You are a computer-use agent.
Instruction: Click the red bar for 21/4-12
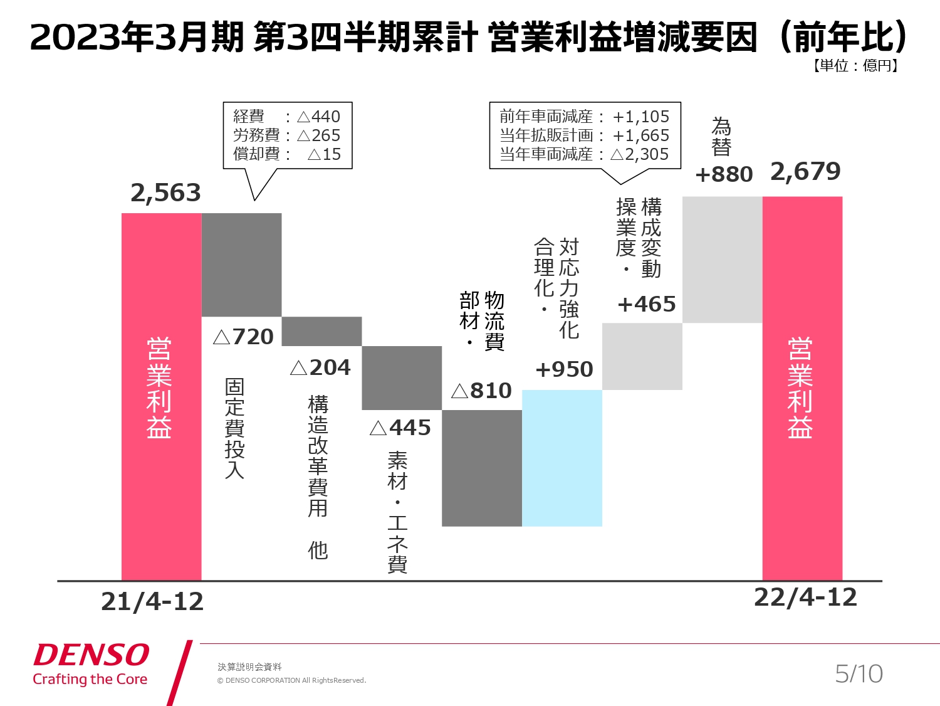point(161,396)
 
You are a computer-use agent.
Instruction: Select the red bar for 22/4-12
point(802,388)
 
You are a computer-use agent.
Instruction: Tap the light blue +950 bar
point(562,458)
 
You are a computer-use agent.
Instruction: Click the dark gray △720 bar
point(241,265)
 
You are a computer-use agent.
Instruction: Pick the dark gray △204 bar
point(321,331)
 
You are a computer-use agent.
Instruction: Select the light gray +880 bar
point(722,260)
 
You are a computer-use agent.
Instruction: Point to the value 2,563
point(165,192)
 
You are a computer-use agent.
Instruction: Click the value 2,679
point(805,171)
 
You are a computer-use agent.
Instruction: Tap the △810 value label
point(481,391)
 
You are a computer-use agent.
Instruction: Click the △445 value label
point(400,428)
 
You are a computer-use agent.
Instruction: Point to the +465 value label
point(647,304)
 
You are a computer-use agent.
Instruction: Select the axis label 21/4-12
point(152,601)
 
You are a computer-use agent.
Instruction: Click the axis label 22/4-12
point(805,597)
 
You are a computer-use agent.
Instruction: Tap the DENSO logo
point(91,655)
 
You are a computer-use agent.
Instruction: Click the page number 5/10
point(859,674)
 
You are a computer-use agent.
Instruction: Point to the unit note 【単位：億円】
point(855,66)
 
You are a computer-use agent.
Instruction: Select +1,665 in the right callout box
point(640,135)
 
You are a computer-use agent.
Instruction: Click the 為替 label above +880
point(721,137)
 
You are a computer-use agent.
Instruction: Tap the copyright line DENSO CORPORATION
point(291,680)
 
